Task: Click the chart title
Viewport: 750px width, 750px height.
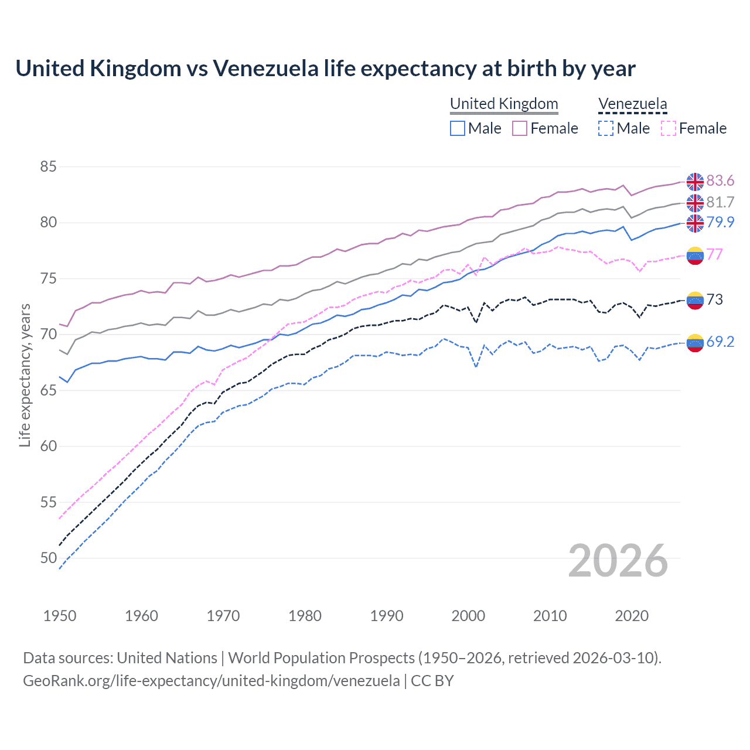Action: [325, 69]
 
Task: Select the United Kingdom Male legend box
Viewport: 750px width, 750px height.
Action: [458, 128]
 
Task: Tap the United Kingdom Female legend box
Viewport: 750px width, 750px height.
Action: [520, 128]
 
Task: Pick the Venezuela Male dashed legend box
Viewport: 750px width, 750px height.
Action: [606, 128]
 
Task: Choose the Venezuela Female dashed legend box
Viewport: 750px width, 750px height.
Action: [669, 128]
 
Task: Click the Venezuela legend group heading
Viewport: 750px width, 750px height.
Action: [632, 104]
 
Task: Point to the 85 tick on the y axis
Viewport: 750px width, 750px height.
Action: [48, 167]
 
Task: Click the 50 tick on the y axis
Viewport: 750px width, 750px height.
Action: [48, 558]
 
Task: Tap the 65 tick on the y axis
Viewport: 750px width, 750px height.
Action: [48, 390]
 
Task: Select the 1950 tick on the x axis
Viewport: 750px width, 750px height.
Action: [60, 616]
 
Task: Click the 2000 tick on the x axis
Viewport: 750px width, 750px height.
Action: [468, 616]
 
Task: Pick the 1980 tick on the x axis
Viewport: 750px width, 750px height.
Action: [305, 616]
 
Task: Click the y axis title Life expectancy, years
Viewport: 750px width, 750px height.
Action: [25, 375]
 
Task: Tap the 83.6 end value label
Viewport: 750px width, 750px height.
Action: [720, 181]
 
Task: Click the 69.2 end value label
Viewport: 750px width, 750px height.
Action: [720, 342]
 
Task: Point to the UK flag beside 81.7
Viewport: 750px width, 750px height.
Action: [695, 203]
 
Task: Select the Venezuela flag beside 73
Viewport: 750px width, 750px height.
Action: [695, 300]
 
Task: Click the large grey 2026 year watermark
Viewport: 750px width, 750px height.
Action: [618, 561]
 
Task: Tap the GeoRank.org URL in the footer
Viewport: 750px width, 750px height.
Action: [212, 681]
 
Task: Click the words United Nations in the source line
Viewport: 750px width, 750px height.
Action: [167, 658]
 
